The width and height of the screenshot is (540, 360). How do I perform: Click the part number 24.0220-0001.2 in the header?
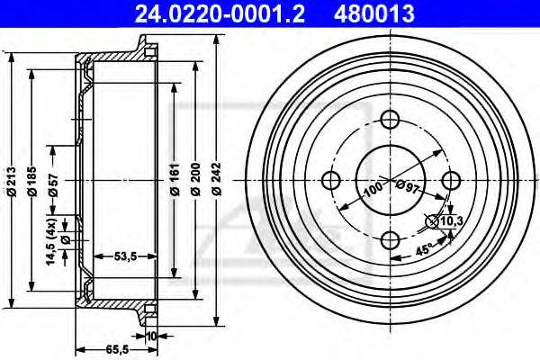coord(220,13)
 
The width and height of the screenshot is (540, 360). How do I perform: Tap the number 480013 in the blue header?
coord(373,13)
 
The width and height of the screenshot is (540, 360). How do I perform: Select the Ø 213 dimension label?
coord(12,182)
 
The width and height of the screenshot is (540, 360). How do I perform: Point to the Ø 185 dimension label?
coord(32,182)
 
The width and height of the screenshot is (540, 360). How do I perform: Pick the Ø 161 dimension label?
coord(175,179)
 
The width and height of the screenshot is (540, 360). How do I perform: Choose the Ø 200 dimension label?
coord(196,179)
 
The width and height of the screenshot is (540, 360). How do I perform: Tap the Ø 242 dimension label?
coord(217,179)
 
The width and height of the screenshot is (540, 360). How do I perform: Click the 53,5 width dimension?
coord(125,256)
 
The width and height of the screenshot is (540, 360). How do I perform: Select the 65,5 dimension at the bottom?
coord(117,350)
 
